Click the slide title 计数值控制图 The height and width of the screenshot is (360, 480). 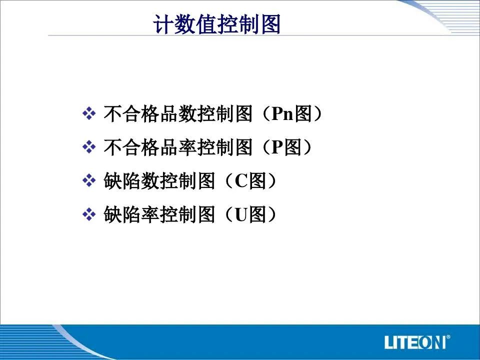216,23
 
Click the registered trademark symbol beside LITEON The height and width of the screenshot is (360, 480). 448,337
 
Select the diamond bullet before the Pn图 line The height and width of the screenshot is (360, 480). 89,113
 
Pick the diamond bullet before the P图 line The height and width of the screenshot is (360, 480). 89,147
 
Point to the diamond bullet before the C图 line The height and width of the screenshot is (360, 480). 89,180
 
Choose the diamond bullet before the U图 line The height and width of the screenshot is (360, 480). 89,214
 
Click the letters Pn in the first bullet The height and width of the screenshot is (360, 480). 282,114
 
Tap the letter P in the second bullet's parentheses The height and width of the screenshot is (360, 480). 276,147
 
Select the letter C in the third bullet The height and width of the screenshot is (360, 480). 241,181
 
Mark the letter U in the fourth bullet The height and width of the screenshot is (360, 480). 241,214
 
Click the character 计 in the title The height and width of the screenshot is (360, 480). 163,24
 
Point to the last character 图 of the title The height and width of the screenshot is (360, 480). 270,24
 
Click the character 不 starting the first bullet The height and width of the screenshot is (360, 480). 112,114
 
